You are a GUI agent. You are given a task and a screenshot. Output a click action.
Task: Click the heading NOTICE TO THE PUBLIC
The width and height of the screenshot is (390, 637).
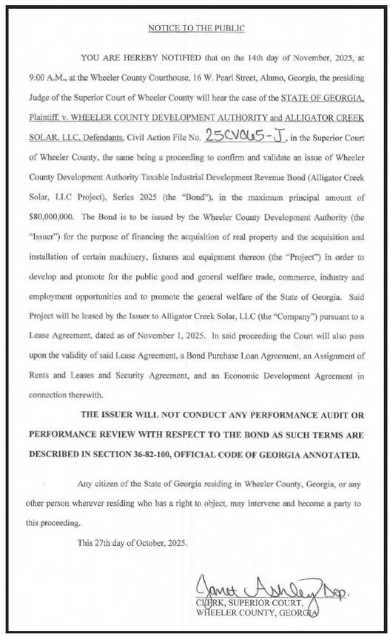(x=195, y=28)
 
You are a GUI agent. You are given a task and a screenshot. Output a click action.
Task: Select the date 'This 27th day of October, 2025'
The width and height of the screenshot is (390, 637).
(x=132, y=542)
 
